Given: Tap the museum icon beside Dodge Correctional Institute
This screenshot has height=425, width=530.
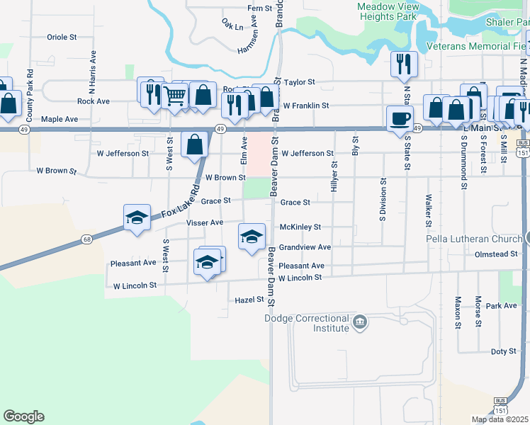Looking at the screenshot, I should pyautogui.click(x=360, y=324).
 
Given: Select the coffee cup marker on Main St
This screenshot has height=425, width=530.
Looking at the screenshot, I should pyautogui.click(x=401, y=118).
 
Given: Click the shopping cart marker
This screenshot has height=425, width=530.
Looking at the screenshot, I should pyautogui.click(x=174, y=95).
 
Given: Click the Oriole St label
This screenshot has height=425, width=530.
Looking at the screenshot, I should pyautogui.click(x=61, y=37).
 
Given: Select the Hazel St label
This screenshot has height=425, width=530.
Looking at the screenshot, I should pyautogui.click(x=249, y=300).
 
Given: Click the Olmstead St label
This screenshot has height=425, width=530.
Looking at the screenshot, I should pyautogui.click(x=497, y=254).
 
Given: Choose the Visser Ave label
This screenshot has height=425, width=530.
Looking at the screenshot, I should pyautogui.click(x=204, y=222).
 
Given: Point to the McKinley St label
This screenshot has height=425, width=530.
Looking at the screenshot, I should pyautogui.click(x=300, y=227).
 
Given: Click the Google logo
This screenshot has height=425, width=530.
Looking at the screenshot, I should pyautogui.click(x=23, y=416).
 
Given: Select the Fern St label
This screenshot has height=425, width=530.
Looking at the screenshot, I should pyautogui.click(x=260, y=8).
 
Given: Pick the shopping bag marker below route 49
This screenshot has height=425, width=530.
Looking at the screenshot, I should pyautogui.click(x=194, y=144).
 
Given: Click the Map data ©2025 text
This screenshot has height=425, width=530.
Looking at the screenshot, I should pyautogui.click(x=500, y=419).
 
